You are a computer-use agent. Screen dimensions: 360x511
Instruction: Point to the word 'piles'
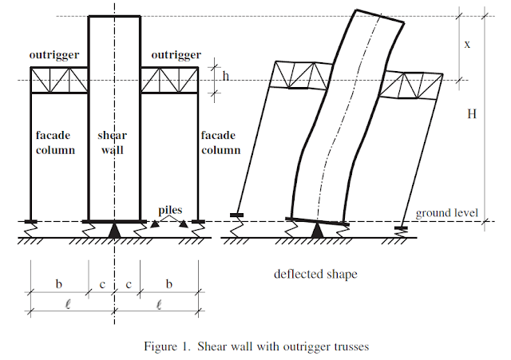pyautogui.click(x=170, y=211)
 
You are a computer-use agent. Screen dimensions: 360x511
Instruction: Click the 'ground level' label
pyautogui.click(x=446, y=213)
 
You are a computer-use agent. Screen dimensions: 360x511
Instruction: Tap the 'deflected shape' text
pyautogui.click(x=315, y=274)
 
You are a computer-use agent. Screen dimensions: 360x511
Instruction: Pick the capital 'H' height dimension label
pyautogui.click(x=472, y=114)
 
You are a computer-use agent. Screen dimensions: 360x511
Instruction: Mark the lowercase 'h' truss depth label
pyautogui.click(x=225, y=76)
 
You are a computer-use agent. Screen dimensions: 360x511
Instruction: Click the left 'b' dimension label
pyautogui.click(x=58, y=283)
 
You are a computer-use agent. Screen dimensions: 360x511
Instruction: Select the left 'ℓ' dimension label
pyautogui.click(x=58, y=304)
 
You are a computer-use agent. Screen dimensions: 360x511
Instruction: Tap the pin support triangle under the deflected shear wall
pyautogui.click(x=319, y=231)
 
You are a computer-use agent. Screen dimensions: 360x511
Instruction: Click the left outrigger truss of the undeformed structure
pyautogui.click(x=58, y=81)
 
